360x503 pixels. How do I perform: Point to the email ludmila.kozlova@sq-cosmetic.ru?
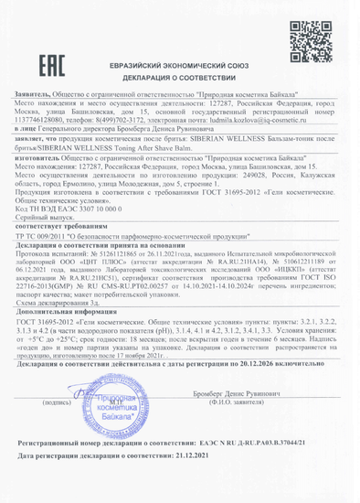[283, 122]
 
